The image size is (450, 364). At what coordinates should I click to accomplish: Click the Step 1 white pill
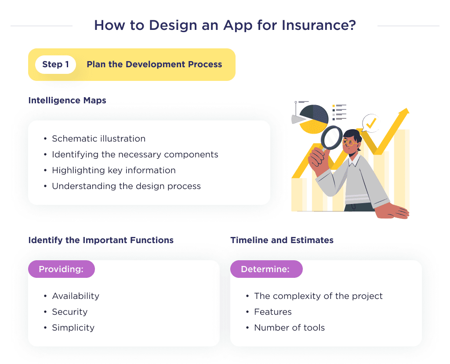coord(55,65)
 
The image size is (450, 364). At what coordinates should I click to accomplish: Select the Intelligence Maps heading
coord(67,100)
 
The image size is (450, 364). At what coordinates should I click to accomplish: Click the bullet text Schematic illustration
coord(98,138)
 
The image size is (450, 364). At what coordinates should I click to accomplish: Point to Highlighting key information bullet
coord(113,170)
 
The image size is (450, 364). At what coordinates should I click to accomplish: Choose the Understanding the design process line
coord(126,186)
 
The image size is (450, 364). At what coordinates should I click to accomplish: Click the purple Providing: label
coord(61,269)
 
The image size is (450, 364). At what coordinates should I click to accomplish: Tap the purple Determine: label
coord(266,269)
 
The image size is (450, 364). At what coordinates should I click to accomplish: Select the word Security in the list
coord(69,312)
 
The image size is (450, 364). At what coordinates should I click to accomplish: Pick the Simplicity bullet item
coord(73,328)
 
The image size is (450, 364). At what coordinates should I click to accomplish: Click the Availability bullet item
coord(76,296)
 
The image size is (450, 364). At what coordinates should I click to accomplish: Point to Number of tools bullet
coord(289,328)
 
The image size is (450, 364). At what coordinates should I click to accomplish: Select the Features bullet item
coord(272,312)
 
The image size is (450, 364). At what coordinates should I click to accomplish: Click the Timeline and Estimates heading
coord(282,240)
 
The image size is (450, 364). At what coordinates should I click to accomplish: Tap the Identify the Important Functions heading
coord(101,240)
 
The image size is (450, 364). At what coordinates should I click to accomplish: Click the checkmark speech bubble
coord(370,123)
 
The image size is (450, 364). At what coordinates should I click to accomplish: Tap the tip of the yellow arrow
coord(406,111)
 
